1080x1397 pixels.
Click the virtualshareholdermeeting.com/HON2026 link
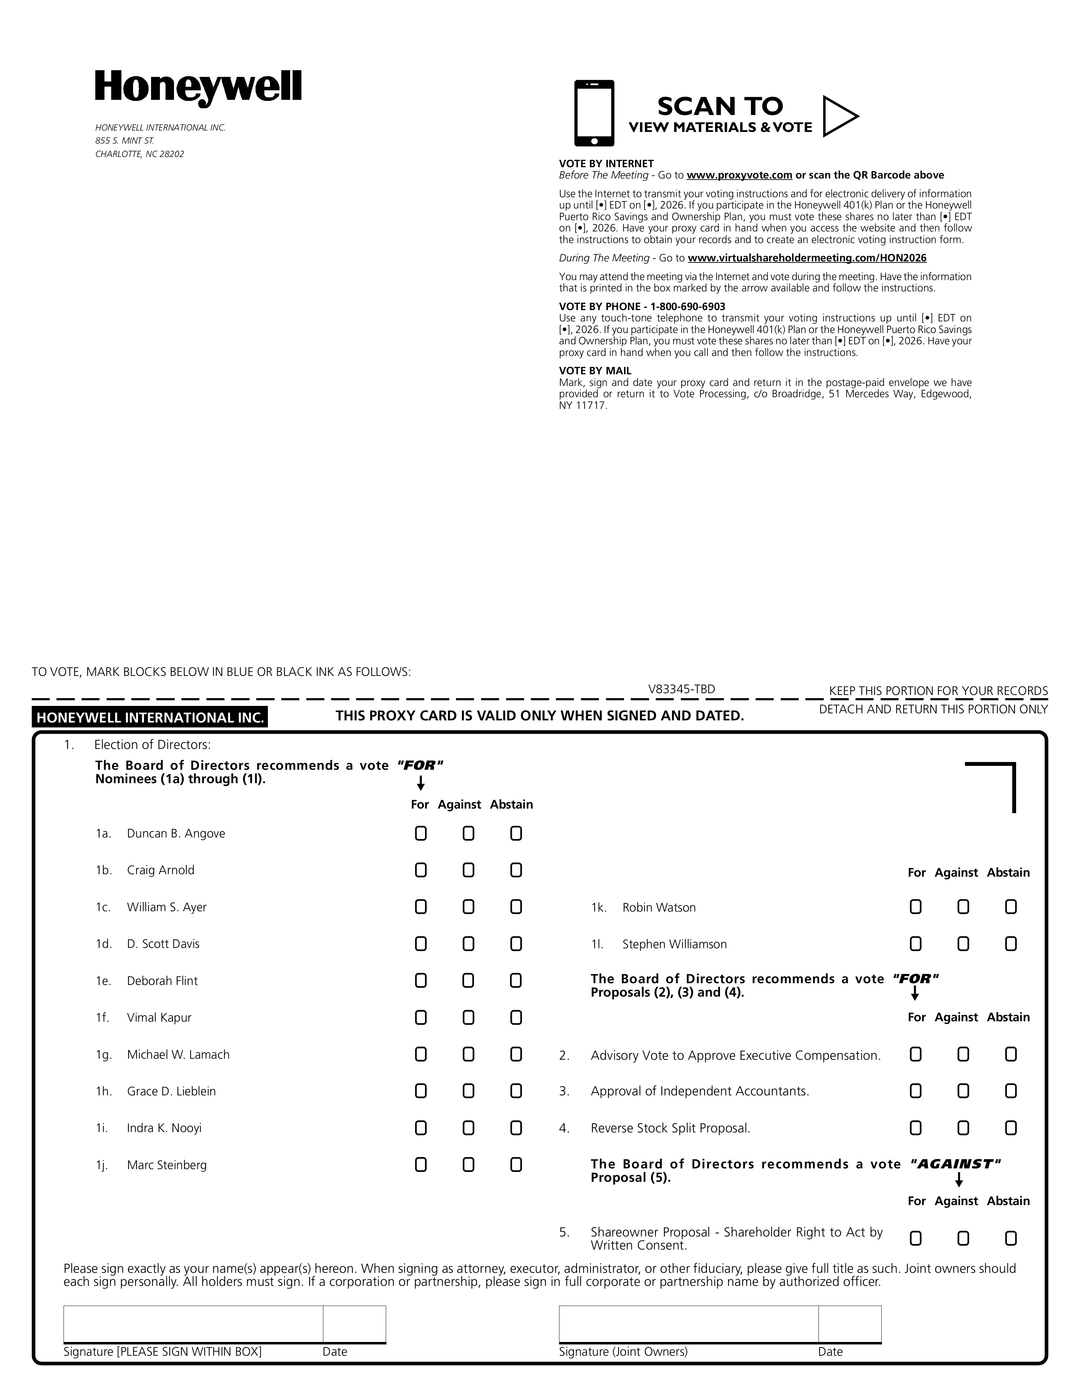click(807, 258)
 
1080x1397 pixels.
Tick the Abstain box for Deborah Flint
click(516, 981)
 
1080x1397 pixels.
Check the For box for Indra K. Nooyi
click(420, 1128)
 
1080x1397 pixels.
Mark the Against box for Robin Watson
click(963, 907)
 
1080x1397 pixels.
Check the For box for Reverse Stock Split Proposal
click(916, 1128)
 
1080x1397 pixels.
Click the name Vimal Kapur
click(159, 1018)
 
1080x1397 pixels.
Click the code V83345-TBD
click(682, 689)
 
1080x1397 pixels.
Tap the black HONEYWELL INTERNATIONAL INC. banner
click(150, 717)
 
